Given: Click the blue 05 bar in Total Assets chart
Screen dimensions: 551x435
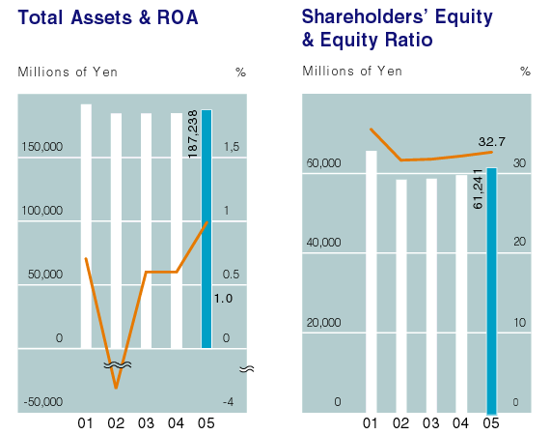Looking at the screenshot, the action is click(207, 229).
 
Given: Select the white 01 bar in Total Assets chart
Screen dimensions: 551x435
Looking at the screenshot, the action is click(86, 226).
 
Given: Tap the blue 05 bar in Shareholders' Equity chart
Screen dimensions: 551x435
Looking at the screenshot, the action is click(491, 291).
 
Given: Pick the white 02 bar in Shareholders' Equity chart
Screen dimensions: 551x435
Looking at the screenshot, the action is click(401, 296).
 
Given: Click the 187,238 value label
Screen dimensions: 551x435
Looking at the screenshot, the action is click(193, 134).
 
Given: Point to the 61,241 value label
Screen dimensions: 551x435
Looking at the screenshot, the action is click(478, 189).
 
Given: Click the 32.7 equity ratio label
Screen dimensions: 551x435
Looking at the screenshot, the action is click(491, 141).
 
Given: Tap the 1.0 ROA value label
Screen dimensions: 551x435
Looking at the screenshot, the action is click(223, 299).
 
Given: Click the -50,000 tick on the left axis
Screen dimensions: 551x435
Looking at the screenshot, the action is click(43, 401).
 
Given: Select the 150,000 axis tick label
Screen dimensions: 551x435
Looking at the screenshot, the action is click(42, 146).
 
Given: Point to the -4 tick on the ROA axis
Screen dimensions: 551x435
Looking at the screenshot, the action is click(228, 401).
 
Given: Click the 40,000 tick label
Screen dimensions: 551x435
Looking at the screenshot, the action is click(323, 242).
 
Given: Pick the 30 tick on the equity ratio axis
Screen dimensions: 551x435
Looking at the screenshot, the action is click(519, 163).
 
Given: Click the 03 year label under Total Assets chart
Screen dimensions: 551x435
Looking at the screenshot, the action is click(146, 423).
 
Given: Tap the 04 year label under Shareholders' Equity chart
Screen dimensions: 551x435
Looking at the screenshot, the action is click(460, 423).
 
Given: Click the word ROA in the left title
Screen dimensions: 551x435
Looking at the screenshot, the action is click(178, 17).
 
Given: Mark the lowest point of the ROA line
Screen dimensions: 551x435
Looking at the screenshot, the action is click(116, 388).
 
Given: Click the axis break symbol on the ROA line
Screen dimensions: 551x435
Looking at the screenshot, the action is click(118, 365).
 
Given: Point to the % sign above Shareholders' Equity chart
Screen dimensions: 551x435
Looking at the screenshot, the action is click(525, 72).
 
